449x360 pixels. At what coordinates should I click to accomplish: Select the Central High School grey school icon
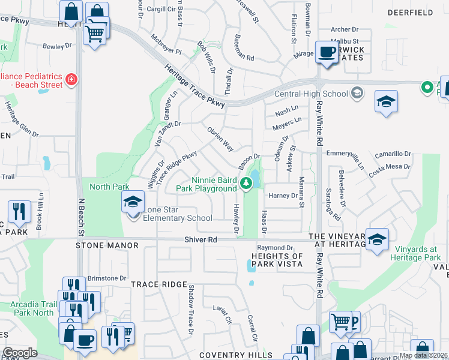click(357, 92)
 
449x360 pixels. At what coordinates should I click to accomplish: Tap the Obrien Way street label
click(220, 139)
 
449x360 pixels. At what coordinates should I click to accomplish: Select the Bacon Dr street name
click(248, 160)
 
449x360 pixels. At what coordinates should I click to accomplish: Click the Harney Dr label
click(283, 196)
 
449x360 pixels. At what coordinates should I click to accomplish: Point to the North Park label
click(109, 187)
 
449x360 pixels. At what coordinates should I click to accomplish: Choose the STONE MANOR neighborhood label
click(107, 246)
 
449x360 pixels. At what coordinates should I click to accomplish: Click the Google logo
click(20, 353)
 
